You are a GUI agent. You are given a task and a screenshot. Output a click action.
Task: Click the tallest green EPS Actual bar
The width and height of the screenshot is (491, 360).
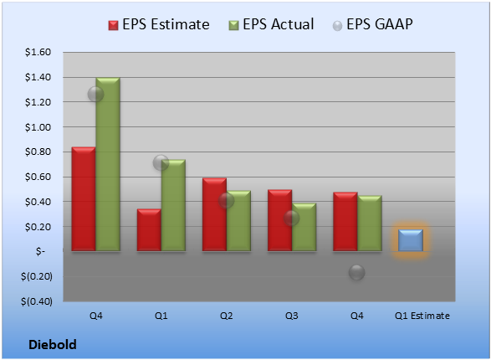108,164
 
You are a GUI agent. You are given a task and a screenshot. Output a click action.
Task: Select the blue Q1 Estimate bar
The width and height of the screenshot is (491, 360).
411,240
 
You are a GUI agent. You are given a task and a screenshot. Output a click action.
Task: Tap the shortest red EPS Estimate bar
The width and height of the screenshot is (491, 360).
149,230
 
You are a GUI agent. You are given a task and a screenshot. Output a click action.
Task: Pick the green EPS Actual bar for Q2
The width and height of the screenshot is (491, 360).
238,221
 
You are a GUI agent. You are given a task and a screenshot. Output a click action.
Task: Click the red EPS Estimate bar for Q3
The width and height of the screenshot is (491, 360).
279,220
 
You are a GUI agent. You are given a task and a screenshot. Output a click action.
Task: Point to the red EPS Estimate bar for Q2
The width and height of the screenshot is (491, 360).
214,214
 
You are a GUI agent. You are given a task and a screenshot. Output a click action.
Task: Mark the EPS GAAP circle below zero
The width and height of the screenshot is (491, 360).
356,272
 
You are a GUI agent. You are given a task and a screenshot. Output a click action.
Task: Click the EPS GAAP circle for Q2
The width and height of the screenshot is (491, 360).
226,201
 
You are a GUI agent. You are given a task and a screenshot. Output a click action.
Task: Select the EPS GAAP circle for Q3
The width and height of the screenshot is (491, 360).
291,218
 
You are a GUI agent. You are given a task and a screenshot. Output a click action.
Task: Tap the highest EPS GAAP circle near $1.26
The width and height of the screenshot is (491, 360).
95,94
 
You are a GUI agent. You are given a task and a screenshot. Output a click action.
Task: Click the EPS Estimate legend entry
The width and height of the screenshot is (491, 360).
159,24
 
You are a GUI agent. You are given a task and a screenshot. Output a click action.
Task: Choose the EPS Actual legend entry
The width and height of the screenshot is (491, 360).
271,24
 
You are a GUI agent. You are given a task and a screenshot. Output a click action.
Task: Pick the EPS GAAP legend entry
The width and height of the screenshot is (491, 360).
372,24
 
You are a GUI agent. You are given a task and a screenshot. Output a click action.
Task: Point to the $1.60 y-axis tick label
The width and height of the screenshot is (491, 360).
38,52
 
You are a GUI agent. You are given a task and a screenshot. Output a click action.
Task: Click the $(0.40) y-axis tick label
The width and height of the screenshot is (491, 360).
36,301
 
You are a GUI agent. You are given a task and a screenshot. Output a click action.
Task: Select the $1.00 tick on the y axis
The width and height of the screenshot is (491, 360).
38,127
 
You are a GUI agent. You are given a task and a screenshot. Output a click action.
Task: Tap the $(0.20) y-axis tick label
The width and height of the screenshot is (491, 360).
36,276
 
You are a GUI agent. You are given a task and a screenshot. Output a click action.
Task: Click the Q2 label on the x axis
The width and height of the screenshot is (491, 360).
226,316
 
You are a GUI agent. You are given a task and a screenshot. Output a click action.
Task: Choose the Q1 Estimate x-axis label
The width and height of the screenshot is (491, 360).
422,316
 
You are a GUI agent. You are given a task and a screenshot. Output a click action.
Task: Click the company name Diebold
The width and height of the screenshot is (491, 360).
53,345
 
